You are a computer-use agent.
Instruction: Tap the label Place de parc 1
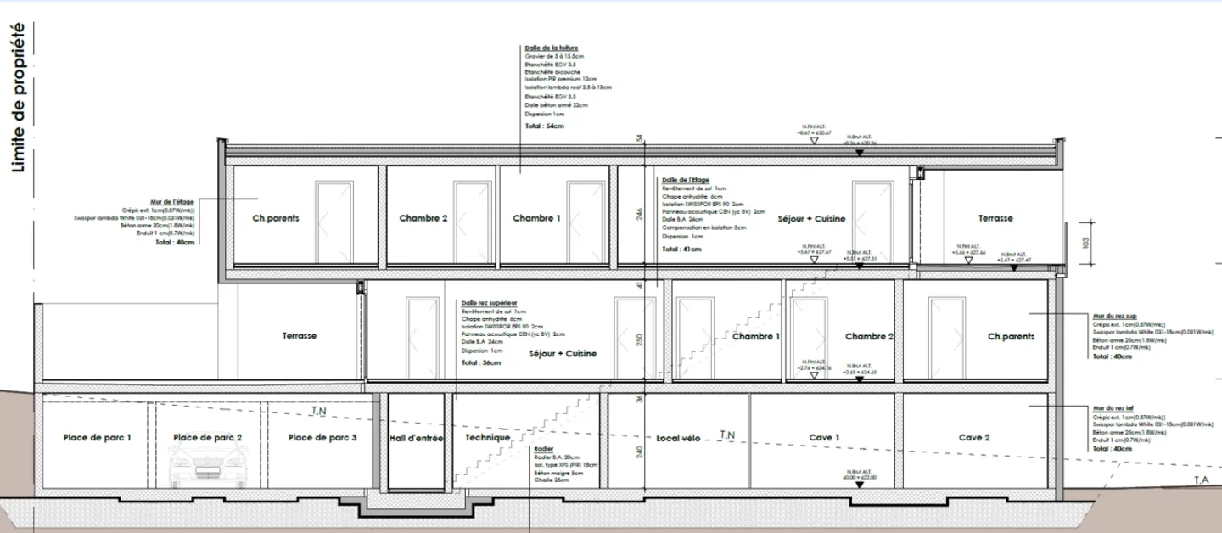(x=98, y=438)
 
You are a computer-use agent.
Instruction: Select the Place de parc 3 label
(x=322, y=438)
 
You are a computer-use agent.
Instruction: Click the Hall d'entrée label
(x=416, y=438)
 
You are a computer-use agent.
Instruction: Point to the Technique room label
(x=488, y=438)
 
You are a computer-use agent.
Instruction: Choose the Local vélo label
(x=678, y=438)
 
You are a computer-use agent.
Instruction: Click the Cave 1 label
(x=824, y=438)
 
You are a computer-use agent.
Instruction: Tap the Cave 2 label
(x=974, y=438)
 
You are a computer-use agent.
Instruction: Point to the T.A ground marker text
(x=1201, y=480)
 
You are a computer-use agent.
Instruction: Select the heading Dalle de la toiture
(x=552, y=48)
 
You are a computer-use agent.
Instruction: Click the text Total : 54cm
(x=544, y=126)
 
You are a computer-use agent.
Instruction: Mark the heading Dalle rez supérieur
(x=488, y=303)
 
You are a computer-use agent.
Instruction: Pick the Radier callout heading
(x=544, y=449)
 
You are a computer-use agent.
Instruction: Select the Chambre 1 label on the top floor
(x=536, y=218)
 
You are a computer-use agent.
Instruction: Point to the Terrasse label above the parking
(x=300, y=336)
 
